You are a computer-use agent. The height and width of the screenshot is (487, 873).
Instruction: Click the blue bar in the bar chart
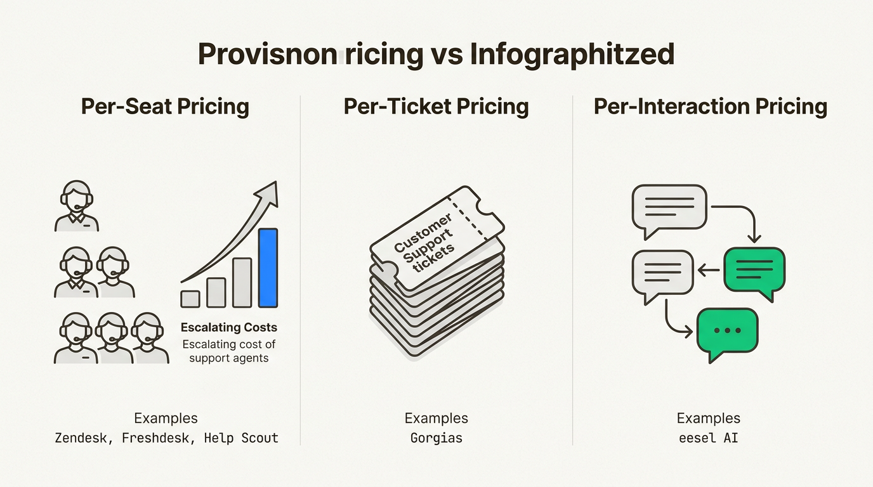coord(268,268)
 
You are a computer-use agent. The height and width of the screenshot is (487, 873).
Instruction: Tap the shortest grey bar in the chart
coord(190,299)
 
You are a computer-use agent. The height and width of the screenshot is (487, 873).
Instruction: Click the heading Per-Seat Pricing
coord(165,107)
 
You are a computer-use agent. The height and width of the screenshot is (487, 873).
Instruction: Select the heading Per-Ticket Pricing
coord(436,107)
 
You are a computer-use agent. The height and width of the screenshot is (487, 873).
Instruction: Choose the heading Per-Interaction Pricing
coord(710,107)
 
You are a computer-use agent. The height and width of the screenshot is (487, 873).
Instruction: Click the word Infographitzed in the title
coord(572,55)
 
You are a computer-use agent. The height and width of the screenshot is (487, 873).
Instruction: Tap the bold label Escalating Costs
coord(229,327)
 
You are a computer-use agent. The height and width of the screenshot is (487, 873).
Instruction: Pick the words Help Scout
coord(241,438)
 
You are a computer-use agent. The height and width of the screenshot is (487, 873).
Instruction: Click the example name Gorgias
coord(436,438)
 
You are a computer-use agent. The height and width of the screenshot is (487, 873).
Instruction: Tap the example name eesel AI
coord(709,438)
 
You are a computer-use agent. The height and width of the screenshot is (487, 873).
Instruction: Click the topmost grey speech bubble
coord(669,211)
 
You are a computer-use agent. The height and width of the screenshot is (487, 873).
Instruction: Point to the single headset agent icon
coord(77,206)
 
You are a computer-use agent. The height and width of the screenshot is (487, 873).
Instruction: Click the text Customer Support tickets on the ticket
coord(424,243)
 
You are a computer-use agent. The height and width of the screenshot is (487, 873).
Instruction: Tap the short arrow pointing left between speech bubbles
coord(708,269)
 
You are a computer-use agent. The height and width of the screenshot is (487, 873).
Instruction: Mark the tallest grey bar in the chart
coord(242,283)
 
